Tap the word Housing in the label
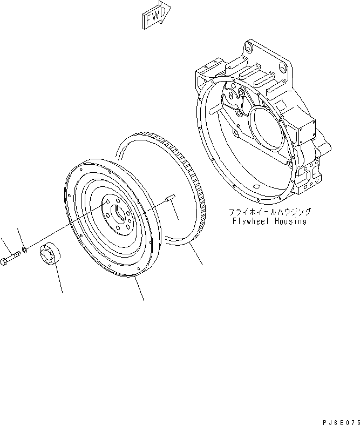pyautogui.click(x=290, y=221)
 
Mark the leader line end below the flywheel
pyautogui.click(x=144, y=300)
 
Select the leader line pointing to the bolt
pyautogui.click(x=4, y=245)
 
